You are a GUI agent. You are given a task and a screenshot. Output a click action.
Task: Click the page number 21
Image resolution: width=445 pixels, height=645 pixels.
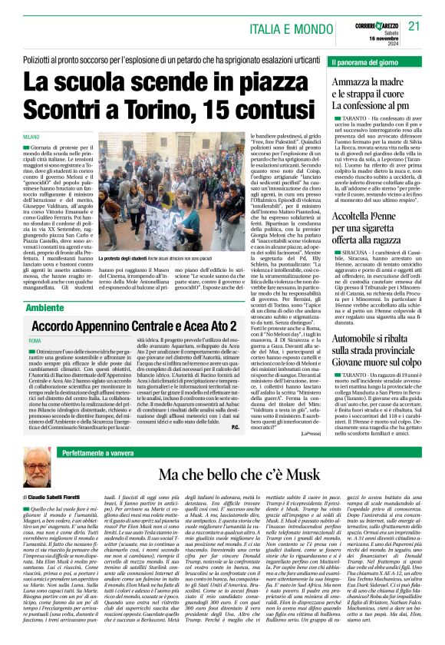[414, 25]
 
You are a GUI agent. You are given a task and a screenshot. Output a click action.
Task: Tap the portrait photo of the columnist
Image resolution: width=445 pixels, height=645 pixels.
[35, 468]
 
